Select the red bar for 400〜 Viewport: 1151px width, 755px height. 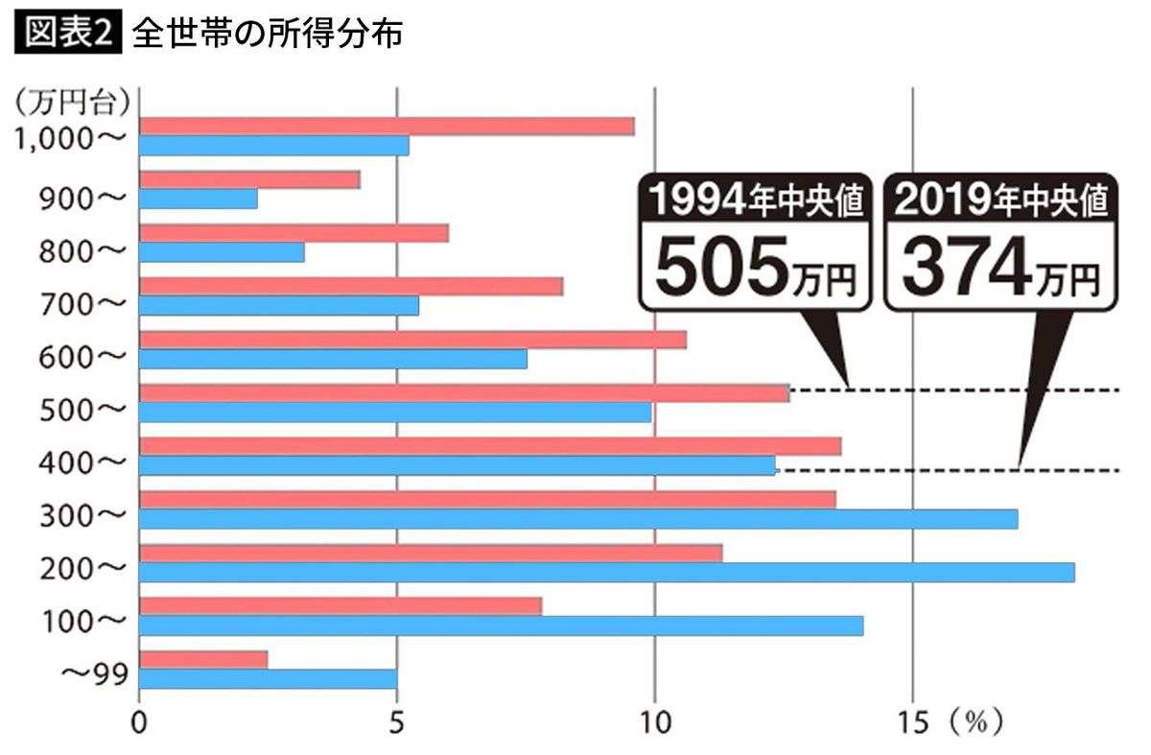(490, 446)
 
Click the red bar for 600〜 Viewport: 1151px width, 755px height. (412, 340)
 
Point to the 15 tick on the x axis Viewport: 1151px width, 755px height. (913, 722)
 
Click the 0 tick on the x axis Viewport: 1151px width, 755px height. (140, 722)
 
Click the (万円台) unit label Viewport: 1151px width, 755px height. (73, 99)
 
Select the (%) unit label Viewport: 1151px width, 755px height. (977, 722)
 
